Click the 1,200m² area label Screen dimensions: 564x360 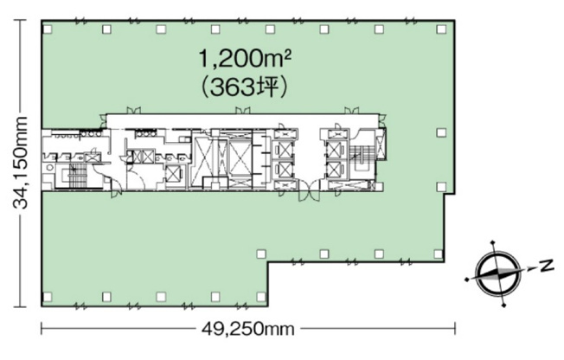[245, 59]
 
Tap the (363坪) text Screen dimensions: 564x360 [245, 88]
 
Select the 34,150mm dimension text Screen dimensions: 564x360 [20, 163]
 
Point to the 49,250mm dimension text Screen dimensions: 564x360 [247, 329]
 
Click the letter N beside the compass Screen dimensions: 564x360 [547, 266]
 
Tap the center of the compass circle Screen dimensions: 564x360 [497, 273]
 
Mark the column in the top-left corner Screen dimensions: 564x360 [47, 29]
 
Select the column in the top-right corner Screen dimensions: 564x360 [441, 29]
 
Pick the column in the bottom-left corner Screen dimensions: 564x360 [47, 297]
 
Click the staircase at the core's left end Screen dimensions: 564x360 [75, 176]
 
